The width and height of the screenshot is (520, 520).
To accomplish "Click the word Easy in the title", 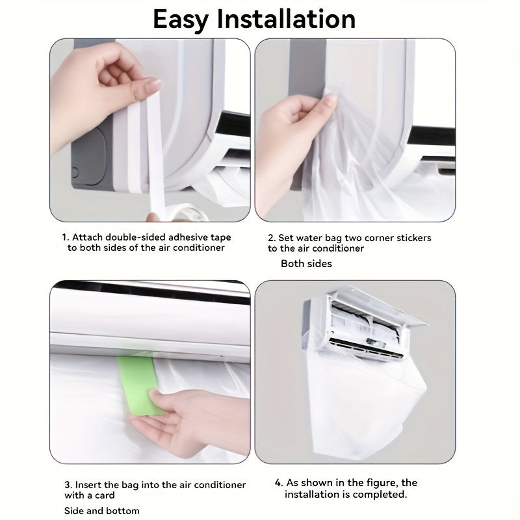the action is coord(181,20).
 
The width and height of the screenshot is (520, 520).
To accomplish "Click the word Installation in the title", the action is coord(286,19).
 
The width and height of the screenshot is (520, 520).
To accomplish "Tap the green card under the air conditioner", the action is coord(140,385).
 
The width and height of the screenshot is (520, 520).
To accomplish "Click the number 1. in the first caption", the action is coord(66,237).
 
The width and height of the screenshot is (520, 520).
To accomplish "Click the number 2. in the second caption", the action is coord(272,238).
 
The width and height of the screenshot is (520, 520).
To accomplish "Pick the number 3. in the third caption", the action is coord(68,485).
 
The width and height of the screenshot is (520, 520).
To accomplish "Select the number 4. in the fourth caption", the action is coord(279,482).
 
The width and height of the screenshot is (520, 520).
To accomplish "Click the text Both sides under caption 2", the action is coord(306,264).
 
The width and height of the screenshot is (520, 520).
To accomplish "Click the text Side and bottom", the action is coord(102,511).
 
